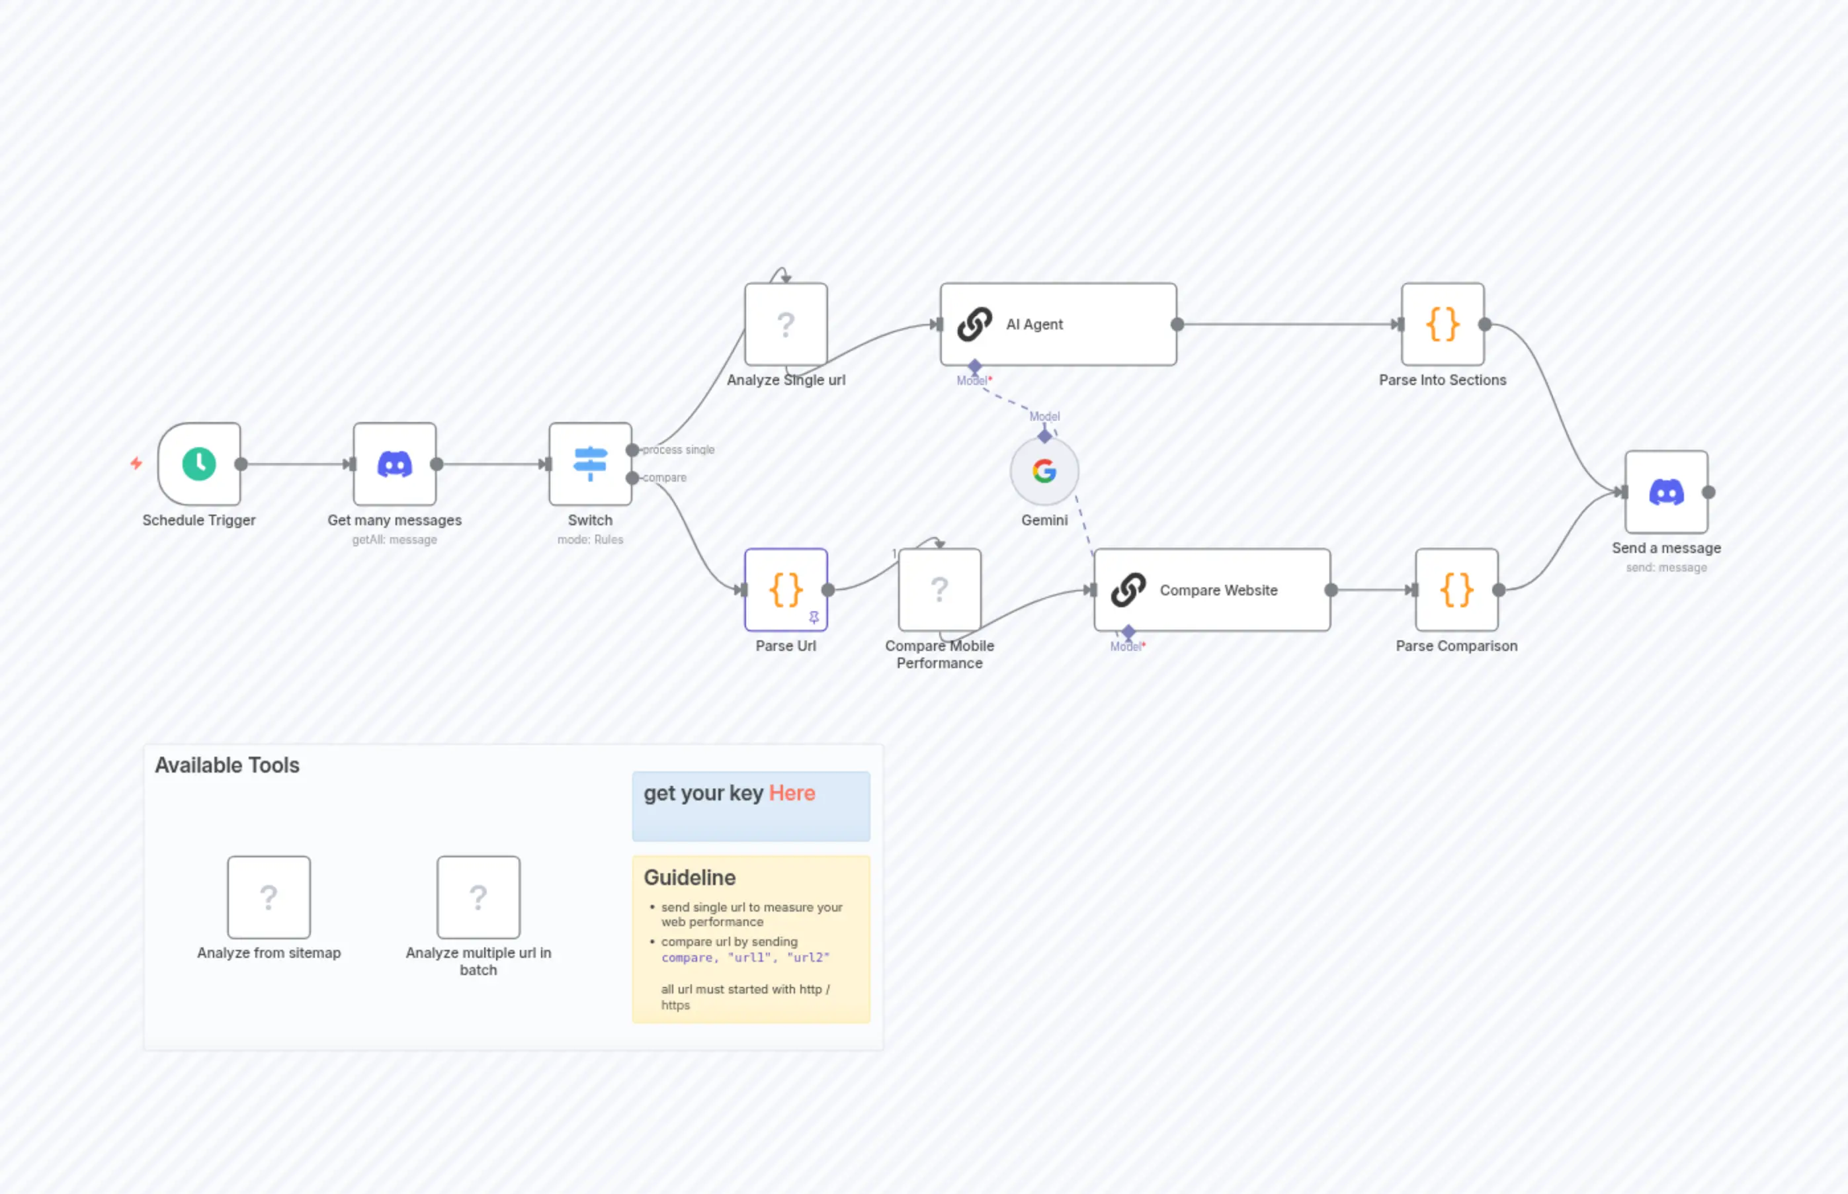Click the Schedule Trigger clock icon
pyautogui.click(x=199, y=464)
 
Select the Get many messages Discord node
pyautogui.click(x=395, y=464)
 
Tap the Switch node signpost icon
pyautogui.click(x=590, y=464)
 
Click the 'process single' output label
pyautogui.click(x=678, y=450)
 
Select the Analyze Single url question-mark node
pyautogui.click(x=785, y=324)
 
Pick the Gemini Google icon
pyautogui.click(x=1044, y=470)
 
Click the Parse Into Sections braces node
pyautogui.click(x=1442, y=324)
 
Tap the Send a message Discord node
pyautogui.click(x=1666, y=491)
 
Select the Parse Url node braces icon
pyautogui.click(x=785, y=589)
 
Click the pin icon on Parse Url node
pyautogui.click(x=814, y=617)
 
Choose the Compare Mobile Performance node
pyautogui.click(x=939, y=589)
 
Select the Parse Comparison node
pyautogui.click(x=1456, y=589)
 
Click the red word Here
pyautogui.click(x=792, y=793)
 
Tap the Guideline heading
pyautogui.click(x=689, y=878)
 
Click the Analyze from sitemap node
pyautogui.click(x=269, y=897)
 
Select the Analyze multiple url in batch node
pyautogui.click(x=478, y=897)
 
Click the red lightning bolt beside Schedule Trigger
pyautogui.click(x=136, y=463)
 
